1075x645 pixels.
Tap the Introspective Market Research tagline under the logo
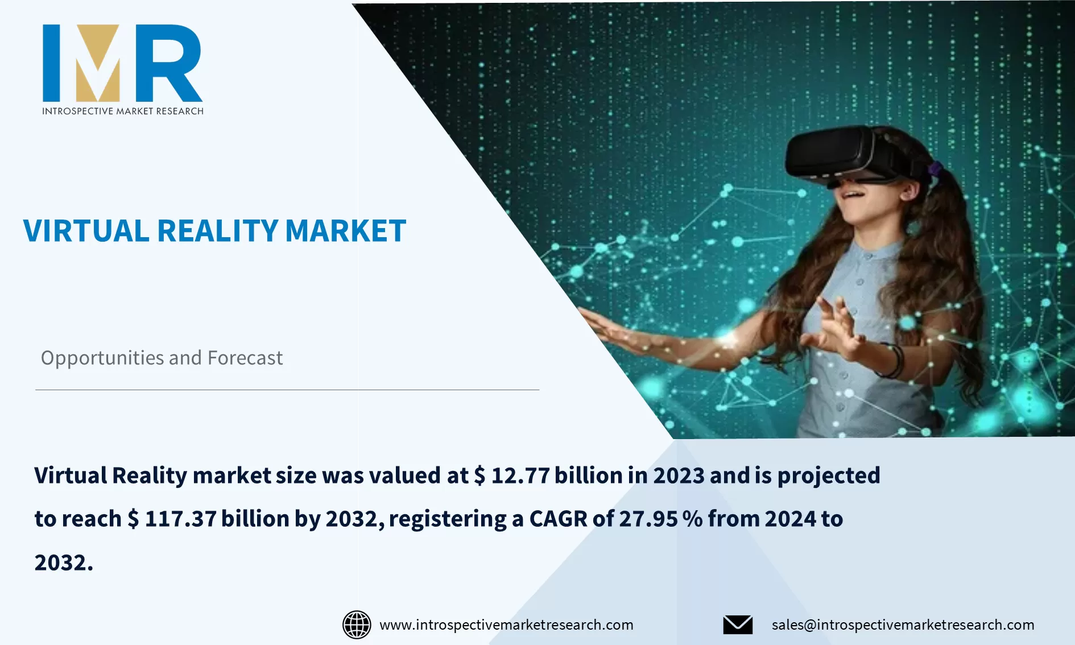[123, 111]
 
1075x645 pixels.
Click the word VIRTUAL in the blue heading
[86, 231]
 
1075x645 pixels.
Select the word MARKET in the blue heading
[345, 231]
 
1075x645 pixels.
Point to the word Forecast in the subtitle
[245, 358]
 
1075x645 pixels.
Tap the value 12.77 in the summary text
[520, 476]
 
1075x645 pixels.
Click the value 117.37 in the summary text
[180, 519]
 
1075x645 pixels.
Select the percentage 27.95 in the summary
[648, 519]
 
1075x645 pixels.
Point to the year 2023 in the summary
[679, 476]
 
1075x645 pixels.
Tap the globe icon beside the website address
[357, 625]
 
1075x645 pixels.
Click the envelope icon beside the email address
[738, 625]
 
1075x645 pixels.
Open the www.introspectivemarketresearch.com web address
[506, 625]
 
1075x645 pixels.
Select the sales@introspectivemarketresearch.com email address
[903, 625]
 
